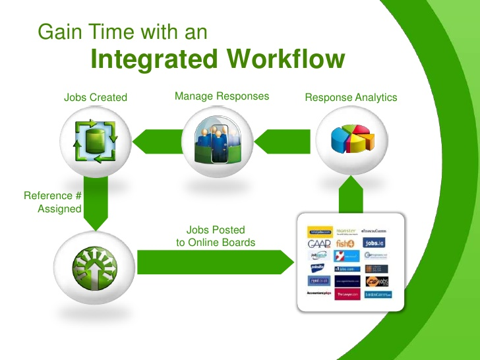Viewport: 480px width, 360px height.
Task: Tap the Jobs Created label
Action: [96, 98]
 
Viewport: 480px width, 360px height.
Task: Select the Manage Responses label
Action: [222, 96]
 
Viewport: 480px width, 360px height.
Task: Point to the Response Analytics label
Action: [351, 98]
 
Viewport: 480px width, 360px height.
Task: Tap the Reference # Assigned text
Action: [53, 202]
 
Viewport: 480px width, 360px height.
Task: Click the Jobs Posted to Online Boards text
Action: [216, 236]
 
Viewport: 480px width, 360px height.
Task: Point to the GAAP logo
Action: [319, 244]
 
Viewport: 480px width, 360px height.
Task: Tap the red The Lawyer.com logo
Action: [347, 294]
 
